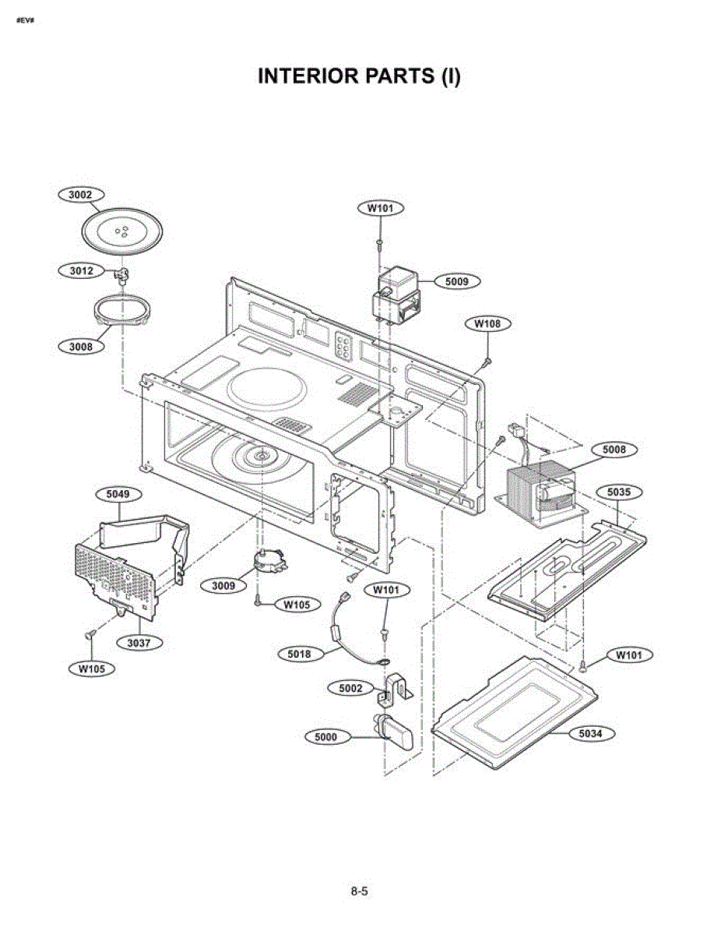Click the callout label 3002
81,195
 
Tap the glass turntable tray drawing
122,232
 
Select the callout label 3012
81,271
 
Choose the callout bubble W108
488,323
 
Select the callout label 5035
619,492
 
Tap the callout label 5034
591,734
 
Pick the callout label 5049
118,494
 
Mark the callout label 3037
139,644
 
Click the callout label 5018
299,654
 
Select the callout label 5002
351,689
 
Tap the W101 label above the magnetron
381,208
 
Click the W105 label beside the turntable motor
297,605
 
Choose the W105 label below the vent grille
92,669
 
